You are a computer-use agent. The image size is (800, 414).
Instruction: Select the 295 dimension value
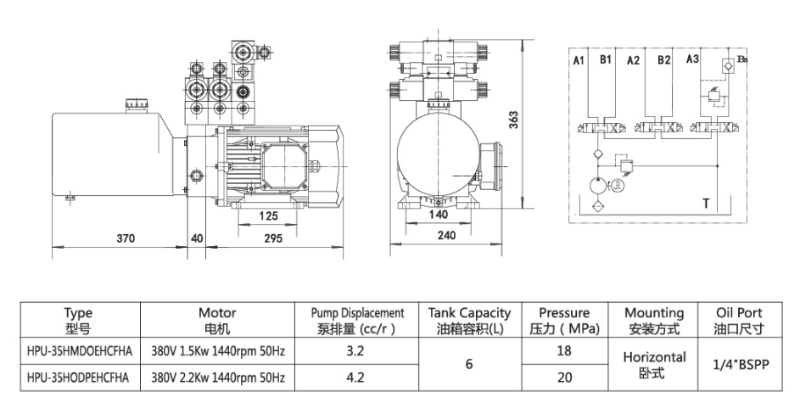point(273,238)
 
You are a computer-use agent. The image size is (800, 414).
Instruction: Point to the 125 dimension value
point(266,215)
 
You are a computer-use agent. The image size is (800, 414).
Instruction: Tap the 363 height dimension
point(514,120)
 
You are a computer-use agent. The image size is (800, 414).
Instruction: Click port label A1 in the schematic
point(579,60)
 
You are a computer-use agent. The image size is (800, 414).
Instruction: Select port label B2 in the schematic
point(663,60)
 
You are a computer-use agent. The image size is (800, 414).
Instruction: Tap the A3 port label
point(692,59)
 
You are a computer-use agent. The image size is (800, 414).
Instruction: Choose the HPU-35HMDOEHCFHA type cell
point(78,350)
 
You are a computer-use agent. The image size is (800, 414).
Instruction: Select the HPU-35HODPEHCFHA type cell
point(78,377)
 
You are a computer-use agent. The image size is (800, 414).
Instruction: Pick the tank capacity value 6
point(469,364)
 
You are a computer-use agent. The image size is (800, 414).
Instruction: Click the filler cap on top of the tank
point(137,103)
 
